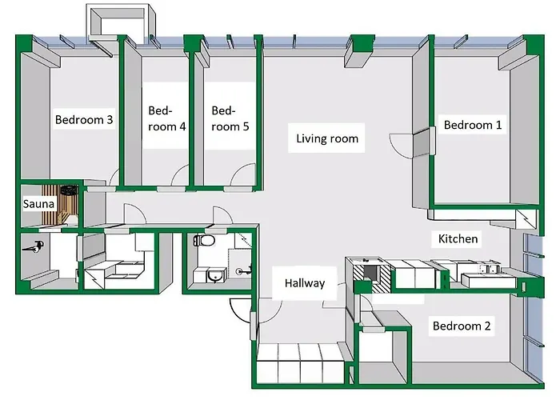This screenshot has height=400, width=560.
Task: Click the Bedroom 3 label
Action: point(84,119)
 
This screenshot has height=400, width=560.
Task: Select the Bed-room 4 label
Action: point(166,118)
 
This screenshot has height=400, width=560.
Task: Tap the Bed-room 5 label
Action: point(230,118)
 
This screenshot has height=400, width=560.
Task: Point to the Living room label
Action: point(327,138)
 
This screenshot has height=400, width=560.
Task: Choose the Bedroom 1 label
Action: point(473,125)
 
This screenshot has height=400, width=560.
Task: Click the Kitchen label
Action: point(458,238)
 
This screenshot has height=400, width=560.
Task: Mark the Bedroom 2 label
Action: point(462,326)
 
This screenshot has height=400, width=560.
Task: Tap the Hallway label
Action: point(305,283)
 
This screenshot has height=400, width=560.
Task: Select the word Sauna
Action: point(38,204)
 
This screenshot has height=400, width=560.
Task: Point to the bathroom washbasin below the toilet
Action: point(215,275)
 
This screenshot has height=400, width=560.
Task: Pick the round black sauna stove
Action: point(69,190)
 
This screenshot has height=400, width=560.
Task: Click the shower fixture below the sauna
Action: point(34,246)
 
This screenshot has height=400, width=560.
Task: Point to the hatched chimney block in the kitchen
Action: point(372,274)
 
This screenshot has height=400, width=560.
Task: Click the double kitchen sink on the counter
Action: point(488,268)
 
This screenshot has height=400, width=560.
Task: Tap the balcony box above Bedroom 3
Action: point(122,22)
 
